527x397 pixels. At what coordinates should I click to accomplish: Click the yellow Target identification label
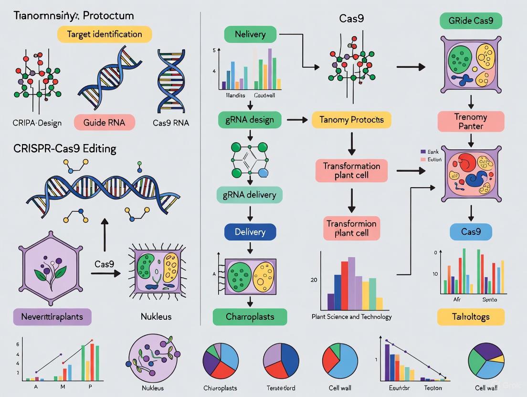pyautogui.click(x=105, y=34)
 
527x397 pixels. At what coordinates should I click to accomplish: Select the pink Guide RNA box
pyautogui.click(x=105, y=122)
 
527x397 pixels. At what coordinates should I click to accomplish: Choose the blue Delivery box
pyautogui.click(x=250, y=232)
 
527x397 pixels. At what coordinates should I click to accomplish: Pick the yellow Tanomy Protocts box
pyautogui.click(x=351, y=120)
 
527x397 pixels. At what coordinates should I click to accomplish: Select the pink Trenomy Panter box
pyautogui.click(x=471, y=122)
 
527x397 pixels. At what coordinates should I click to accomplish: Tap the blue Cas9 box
pyautogui.click(x=471, y=232)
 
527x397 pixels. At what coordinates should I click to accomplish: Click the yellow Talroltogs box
pyautogui.click(x=471, y=316)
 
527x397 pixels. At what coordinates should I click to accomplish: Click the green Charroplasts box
pyautogui.click(x=250, y=316)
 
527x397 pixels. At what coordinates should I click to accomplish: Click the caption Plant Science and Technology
pyautogui.click(x=351, y=316)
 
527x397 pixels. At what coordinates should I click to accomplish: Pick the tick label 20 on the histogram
pyautogui.click(x=314, y=280)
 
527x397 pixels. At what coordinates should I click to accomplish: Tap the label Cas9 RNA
pyautogui.click(x=171, y=123)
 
